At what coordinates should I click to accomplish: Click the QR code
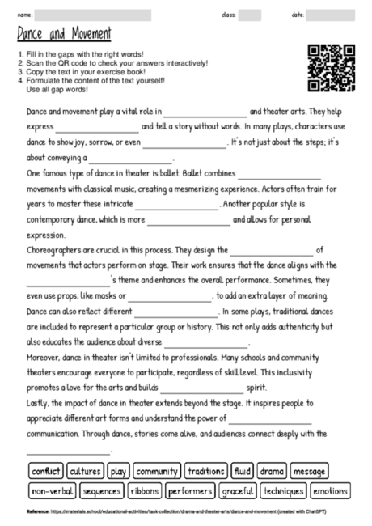(x=331, y=66)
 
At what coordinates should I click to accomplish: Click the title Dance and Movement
(x=64, y=35)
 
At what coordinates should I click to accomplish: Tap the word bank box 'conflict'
(x=45, y=471)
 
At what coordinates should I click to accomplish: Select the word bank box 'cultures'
(x=85, y=471)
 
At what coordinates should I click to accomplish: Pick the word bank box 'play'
(x=118, y=471)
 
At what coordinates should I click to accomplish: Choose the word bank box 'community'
(x=157, y=471)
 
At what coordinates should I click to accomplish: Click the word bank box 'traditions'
(x=205, y=471)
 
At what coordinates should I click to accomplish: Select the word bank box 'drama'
(x=273, y=471)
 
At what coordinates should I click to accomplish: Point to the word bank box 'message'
(x=308, y=471)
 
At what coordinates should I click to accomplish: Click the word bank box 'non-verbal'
(x=53, y=491)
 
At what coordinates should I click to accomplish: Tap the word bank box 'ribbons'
(x=145, y=491)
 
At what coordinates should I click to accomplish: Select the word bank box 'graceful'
(x=239, y=491)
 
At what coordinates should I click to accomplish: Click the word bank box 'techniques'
(x=284, y=491)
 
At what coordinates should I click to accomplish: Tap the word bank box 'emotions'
(x=330, y=491)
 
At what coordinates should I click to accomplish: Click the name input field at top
(x=93, y=15)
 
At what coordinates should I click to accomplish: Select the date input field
(x=330, y=15)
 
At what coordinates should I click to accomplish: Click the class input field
(x=249, y=15)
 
